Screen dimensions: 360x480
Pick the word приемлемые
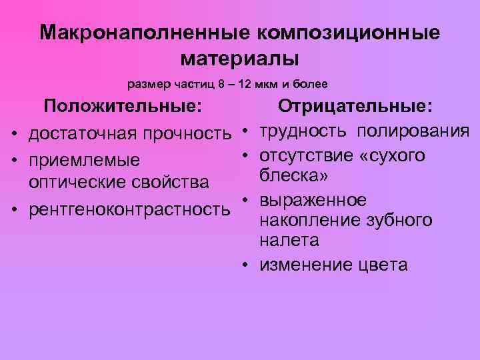click(84, 161)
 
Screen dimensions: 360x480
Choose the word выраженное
click(313, 201)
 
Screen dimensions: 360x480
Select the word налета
click(289, 241)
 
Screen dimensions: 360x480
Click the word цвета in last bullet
click(383, 265)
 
